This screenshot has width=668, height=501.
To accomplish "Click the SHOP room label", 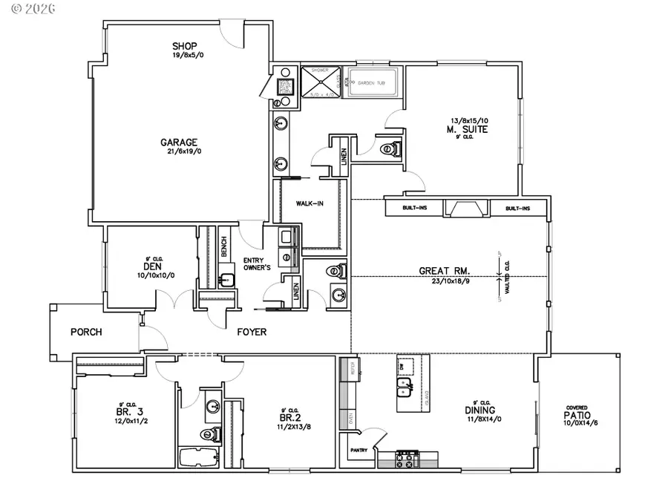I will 185,46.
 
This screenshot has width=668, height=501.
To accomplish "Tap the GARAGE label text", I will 179,143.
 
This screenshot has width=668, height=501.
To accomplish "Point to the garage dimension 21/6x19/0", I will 179,151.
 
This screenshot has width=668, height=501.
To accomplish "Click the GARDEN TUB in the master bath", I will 372,83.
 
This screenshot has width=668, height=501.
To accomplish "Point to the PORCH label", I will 87,332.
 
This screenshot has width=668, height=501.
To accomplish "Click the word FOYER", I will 252,332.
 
